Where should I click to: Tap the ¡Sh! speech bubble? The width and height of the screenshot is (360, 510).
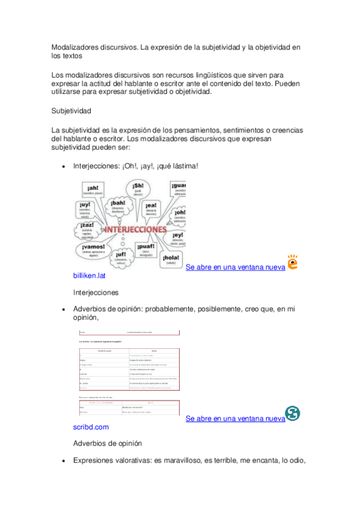tap(138, 190)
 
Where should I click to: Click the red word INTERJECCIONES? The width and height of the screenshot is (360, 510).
tap(133, 230)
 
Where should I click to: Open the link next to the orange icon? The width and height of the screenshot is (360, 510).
tap(235, 267)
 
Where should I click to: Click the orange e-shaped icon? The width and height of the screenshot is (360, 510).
tap(292, 263)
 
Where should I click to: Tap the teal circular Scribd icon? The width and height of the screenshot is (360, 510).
tap(293, 414)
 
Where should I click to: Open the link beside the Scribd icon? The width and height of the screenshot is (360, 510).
tap(235, 419)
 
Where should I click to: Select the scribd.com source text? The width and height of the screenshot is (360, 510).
tap(91, 427)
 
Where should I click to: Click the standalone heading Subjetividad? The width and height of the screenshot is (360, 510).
tap(71, 111)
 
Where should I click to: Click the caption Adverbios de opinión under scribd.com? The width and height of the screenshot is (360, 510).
tap(108, 443)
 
